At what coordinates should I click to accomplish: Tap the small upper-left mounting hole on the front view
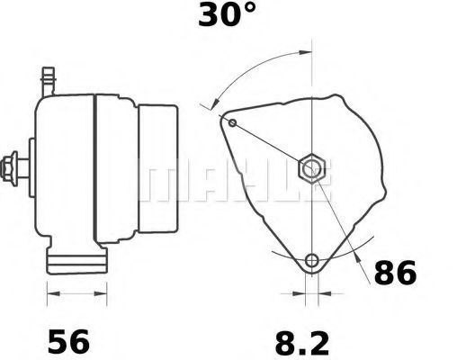pos(233,121)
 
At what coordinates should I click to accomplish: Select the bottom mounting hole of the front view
pos(312,261)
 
